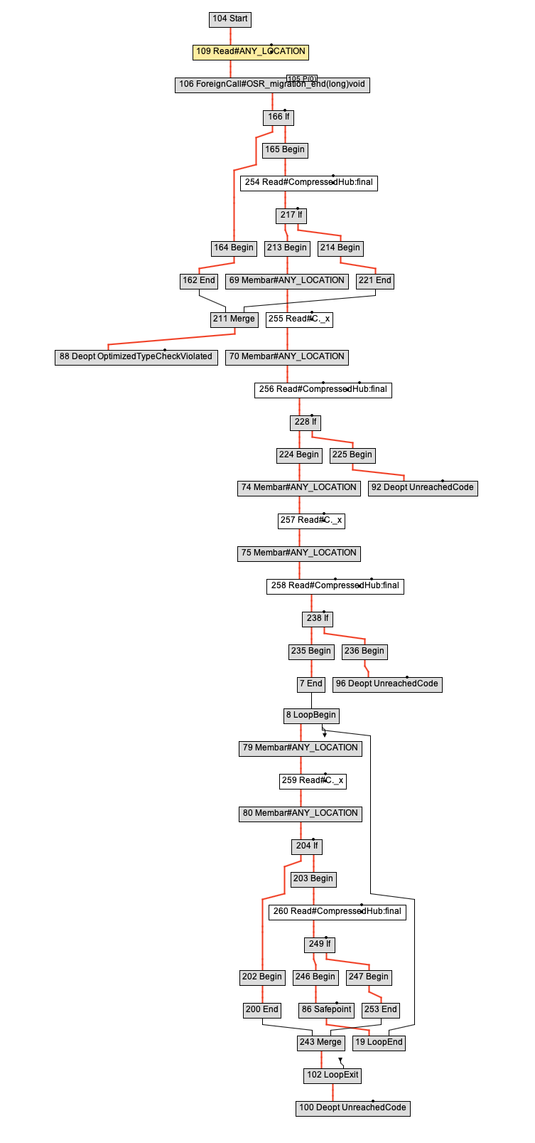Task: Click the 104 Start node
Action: [230, 19]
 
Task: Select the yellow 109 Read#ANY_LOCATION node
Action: [250, 52]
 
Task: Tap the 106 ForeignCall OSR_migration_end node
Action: [272, 85]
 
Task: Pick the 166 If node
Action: [279, 117]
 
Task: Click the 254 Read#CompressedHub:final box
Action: [308, 183]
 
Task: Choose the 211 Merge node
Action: [234, 319]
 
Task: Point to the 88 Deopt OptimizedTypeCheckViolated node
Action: [136, 357]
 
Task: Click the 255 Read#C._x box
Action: [299, 319]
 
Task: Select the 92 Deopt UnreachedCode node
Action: [423, 488]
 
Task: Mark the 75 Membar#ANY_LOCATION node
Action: [298, 553]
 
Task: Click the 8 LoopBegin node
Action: [311, 716]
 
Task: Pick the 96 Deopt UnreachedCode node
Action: [387, 684]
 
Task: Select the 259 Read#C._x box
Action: [313, 781]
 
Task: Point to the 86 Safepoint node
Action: [327, 1010]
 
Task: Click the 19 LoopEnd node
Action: [379, 1043]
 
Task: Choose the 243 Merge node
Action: [320, 1043]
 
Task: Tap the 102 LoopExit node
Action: [333, 1075]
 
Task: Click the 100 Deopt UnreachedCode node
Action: [352, 1108]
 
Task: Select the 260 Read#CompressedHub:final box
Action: [337, 912]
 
